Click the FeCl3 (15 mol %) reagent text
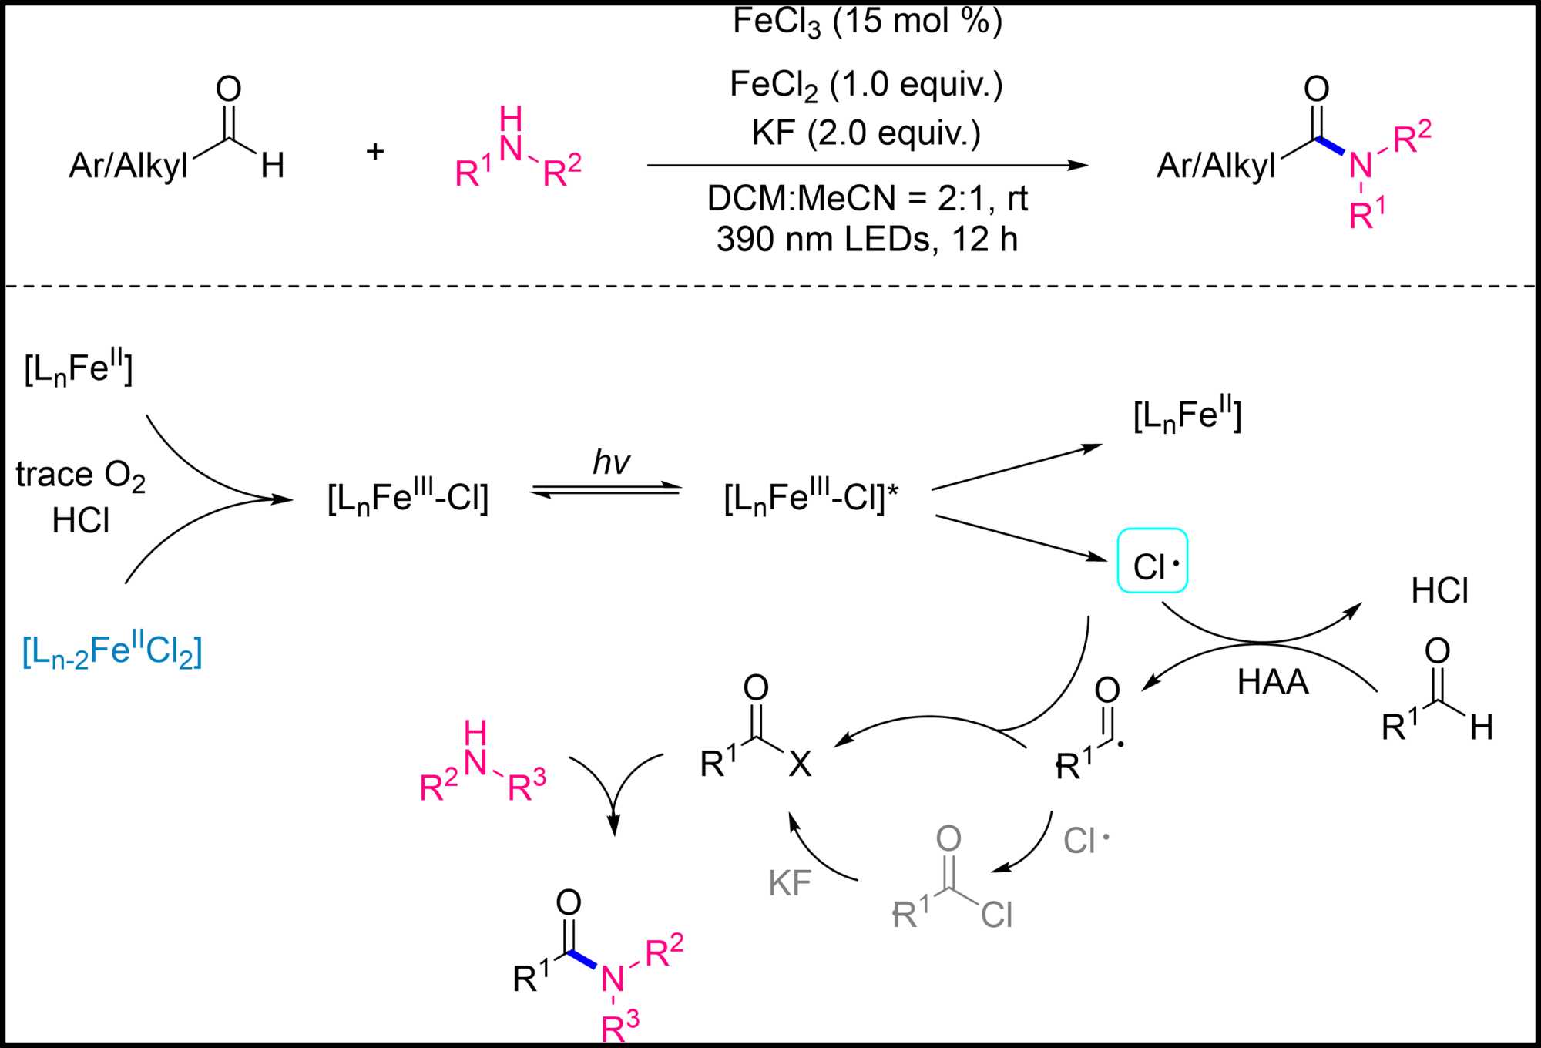coord(868,22)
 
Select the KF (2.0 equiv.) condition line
coord(866,133)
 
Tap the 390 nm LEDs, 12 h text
coord(867,240)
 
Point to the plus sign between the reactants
coord(375,151)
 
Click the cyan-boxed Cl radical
coord(1152,561)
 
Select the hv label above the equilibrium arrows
coord(611,462)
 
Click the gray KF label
coord(790,883)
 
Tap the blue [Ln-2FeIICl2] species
coord(112,652)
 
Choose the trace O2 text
coord(80,475)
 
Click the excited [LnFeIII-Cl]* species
coord(811,498)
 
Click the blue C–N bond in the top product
coord(1330,146)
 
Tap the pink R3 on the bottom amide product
coord(620,1026)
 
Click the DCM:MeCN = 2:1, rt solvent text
coord(868,199)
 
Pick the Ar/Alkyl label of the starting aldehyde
coord(129,165)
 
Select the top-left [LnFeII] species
coord(79,368)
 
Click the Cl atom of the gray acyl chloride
coord(996,915)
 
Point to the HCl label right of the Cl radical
coord(1439,592)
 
